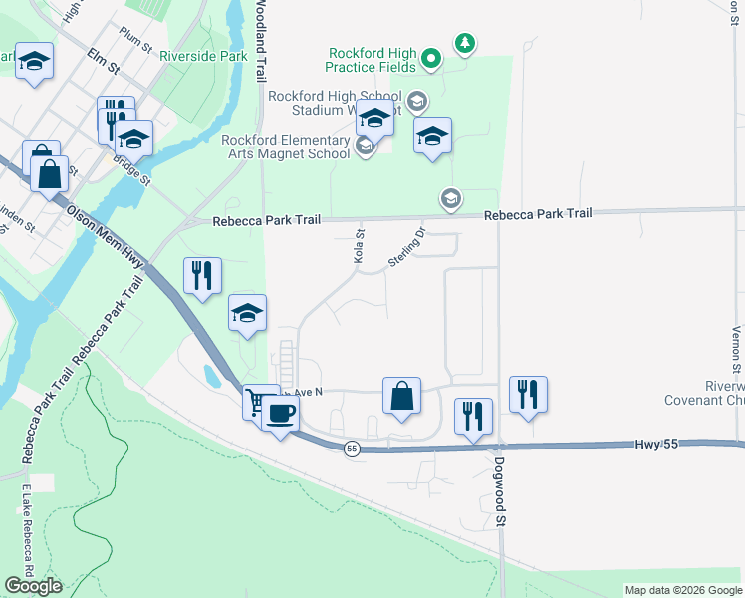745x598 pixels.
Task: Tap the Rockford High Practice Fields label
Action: [x=370, y=60]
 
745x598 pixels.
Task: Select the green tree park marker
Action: [x=464, y=43]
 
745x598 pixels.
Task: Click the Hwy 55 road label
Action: [x=656, y=442]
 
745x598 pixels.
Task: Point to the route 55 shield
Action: [x=352, y=449]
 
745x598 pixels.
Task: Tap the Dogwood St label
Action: [x=500, y=486]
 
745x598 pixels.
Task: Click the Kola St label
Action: [x=360, y=245]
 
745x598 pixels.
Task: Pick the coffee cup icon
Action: [x=280, y=413]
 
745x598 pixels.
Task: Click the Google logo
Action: [x=33, y=586]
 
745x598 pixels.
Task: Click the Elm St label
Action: [x=103, y=62]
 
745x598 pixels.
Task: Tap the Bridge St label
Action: [x=131, y=171]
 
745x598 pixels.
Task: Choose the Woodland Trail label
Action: [x=261, y=40]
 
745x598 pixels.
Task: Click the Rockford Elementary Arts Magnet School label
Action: [x=286, y=147]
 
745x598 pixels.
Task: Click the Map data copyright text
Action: [x=682, y=590]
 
